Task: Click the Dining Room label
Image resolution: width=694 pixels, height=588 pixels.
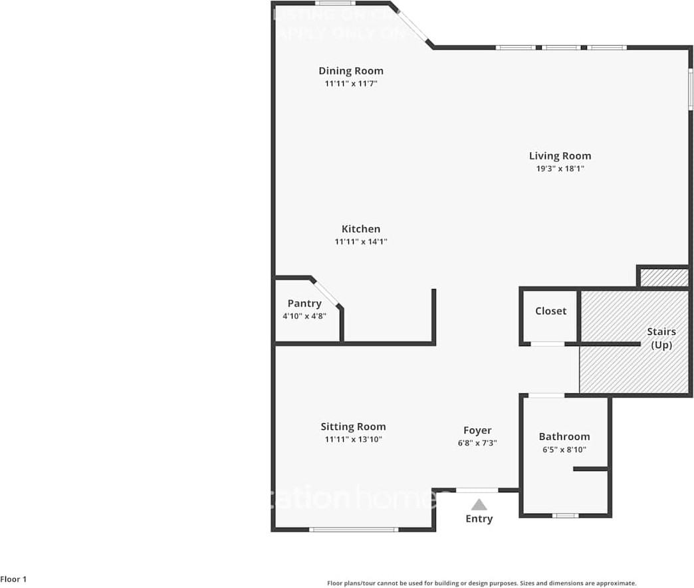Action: coord(350,71)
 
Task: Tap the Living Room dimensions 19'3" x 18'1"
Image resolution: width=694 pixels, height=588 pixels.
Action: coord(560,169)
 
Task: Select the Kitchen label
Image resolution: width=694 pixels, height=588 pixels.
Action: coord(361,229)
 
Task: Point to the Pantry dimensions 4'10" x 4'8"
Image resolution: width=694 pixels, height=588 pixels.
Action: coord(304,316)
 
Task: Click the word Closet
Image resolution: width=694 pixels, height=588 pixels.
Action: coord(550,311)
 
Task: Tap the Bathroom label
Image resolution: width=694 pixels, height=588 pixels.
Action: coord(564,437)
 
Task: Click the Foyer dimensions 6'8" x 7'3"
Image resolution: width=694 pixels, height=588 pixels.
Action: coord(477,443)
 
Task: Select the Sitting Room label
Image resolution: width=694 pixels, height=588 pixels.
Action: coord(353,427)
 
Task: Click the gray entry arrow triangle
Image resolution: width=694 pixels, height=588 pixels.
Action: coord(479,505)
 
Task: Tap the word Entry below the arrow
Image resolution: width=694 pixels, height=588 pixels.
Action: coord(479,519)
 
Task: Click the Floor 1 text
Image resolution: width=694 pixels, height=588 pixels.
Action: coord(14,579)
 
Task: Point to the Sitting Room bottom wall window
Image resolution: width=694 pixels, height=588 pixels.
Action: coord(354,530)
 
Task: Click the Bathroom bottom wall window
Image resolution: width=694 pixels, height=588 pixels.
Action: coord(565,515)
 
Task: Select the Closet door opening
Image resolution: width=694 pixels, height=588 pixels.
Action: coord(548,343)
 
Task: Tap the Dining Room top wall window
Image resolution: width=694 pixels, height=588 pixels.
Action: coord(334,3)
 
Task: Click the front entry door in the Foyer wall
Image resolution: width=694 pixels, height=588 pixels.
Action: coord(477,490)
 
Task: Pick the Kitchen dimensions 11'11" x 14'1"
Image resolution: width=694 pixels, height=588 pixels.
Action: coord(361,242)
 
